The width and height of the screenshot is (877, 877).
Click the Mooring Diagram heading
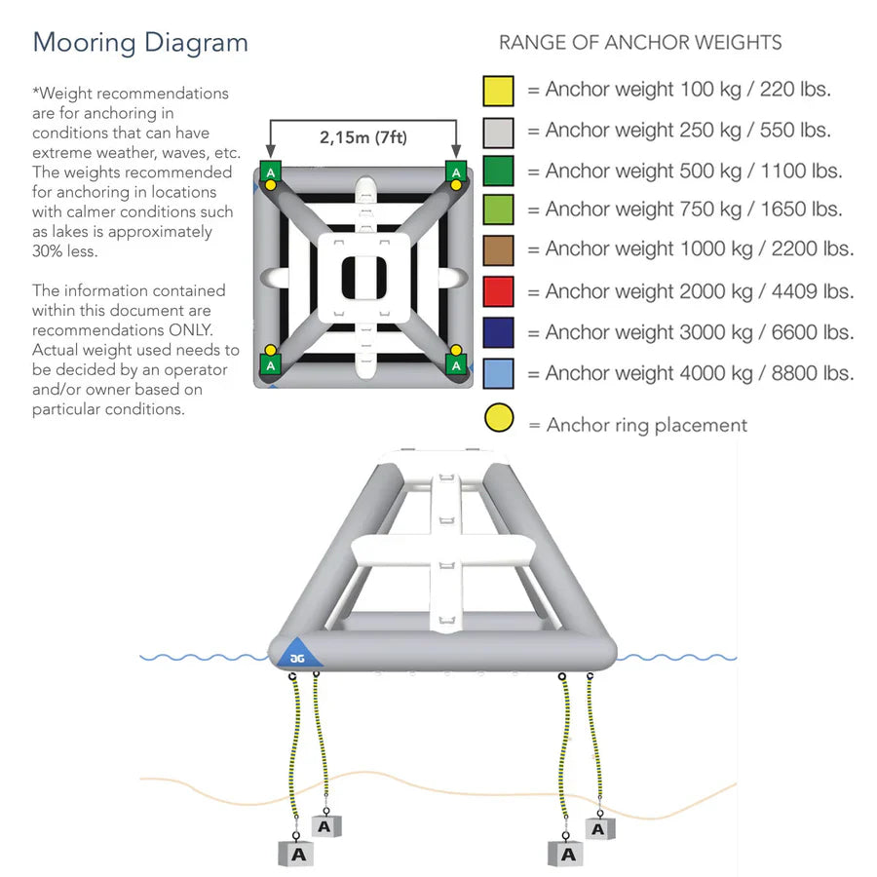(x=140, y=43)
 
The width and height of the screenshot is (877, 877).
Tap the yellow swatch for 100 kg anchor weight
(x=498, y=91)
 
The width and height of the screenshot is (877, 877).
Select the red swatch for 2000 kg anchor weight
(x=498, y=291)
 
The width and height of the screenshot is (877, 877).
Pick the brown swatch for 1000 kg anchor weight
(x=498, y=249)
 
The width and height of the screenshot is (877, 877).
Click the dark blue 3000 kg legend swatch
(x=498, y=332)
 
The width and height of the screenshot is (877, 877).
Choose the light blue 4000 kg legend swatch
(x=498, y=373)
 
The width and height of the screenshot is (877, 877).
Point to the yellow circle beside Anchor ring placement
(x=498, y=419)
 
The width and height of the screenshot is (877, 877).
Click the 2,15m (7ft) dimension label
(x=363, y=137)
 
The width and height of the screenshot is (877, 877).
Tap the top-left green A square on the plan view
(x=270, y=172)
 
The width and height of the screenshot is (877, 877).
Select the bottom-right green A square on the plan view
(x=455, y=362)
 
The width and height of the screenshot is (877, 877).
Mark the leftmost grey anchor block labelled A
(x=298, y=854)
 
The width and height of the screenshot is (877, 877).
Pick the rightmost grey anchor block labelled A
(x=600, y=828)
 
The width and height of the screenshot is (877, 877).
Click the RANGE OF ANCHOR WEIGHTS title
(x=640, y=43)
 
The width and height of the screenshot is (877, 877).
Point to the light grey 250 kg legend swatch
(x=498, y=132)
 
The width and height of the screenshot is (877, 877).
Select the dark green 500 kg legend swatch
(x=498, y=172)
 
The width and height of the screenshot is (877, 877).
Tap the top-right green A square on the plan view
(x=455, y=172)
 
